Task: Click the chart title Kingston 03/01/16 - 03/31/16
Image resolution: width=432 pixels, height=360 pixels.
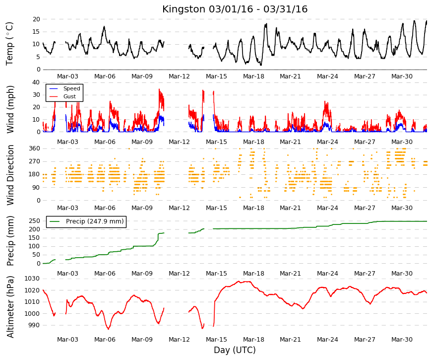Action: [x=235, y=9]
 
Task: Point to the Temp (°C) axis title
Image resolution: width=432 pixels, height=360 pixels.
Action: [x=9, y=44]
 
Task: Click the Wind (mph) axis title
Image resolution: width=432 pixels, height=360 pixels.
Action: [x=10, y=110]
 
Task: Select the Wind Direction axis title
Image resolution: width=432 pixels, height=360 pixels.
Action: [x=10, y=175]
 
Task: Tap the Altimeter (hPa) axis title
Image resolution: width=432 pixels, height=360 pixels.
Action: [x=10, y=307]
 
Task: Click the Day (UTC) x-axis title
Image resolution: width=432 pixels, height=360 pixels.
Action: [x=235, y=350]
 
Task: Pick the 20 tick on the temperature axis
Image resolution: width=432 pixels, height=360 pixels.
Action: [x=36, y=19]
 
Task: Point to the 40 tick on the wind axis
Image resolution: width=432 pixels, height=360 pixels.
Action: [x=36, y=82]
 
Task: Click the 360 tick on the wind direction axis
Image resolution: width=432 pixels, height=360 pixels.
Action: [x=34, y=148]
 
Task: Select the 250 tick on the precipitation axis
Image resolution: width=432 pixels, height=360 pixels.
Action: [x=34, y=221]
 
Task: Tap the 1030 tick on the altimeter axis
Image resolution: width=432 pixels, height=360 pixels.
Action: [x=32, y=279]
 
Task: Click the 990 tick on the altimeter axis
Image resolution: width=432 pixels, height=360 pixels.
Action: [x=34, y=325]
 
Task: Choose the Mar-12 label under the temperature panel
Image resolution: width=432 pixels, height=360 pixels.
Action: [x=179, y=76]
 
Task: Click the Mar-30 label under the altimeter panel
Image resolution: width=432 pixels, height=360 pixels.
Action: [x=402, y=340]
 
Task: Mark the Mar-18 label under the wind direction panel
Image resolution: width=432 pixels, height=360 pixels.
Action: [x=253, y=208]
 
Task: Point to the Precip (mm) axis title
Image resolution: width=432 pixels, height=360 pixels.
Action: [x=10, y=241]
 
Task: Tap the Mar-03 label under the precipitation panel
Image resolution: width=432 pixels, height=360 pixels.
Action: [x=67, y=274]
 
